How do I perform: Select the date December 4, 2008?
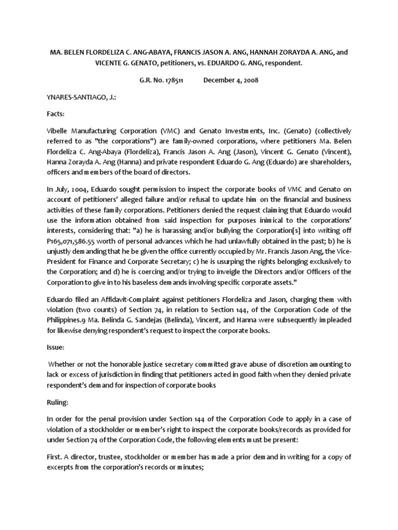pos(231,80)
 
